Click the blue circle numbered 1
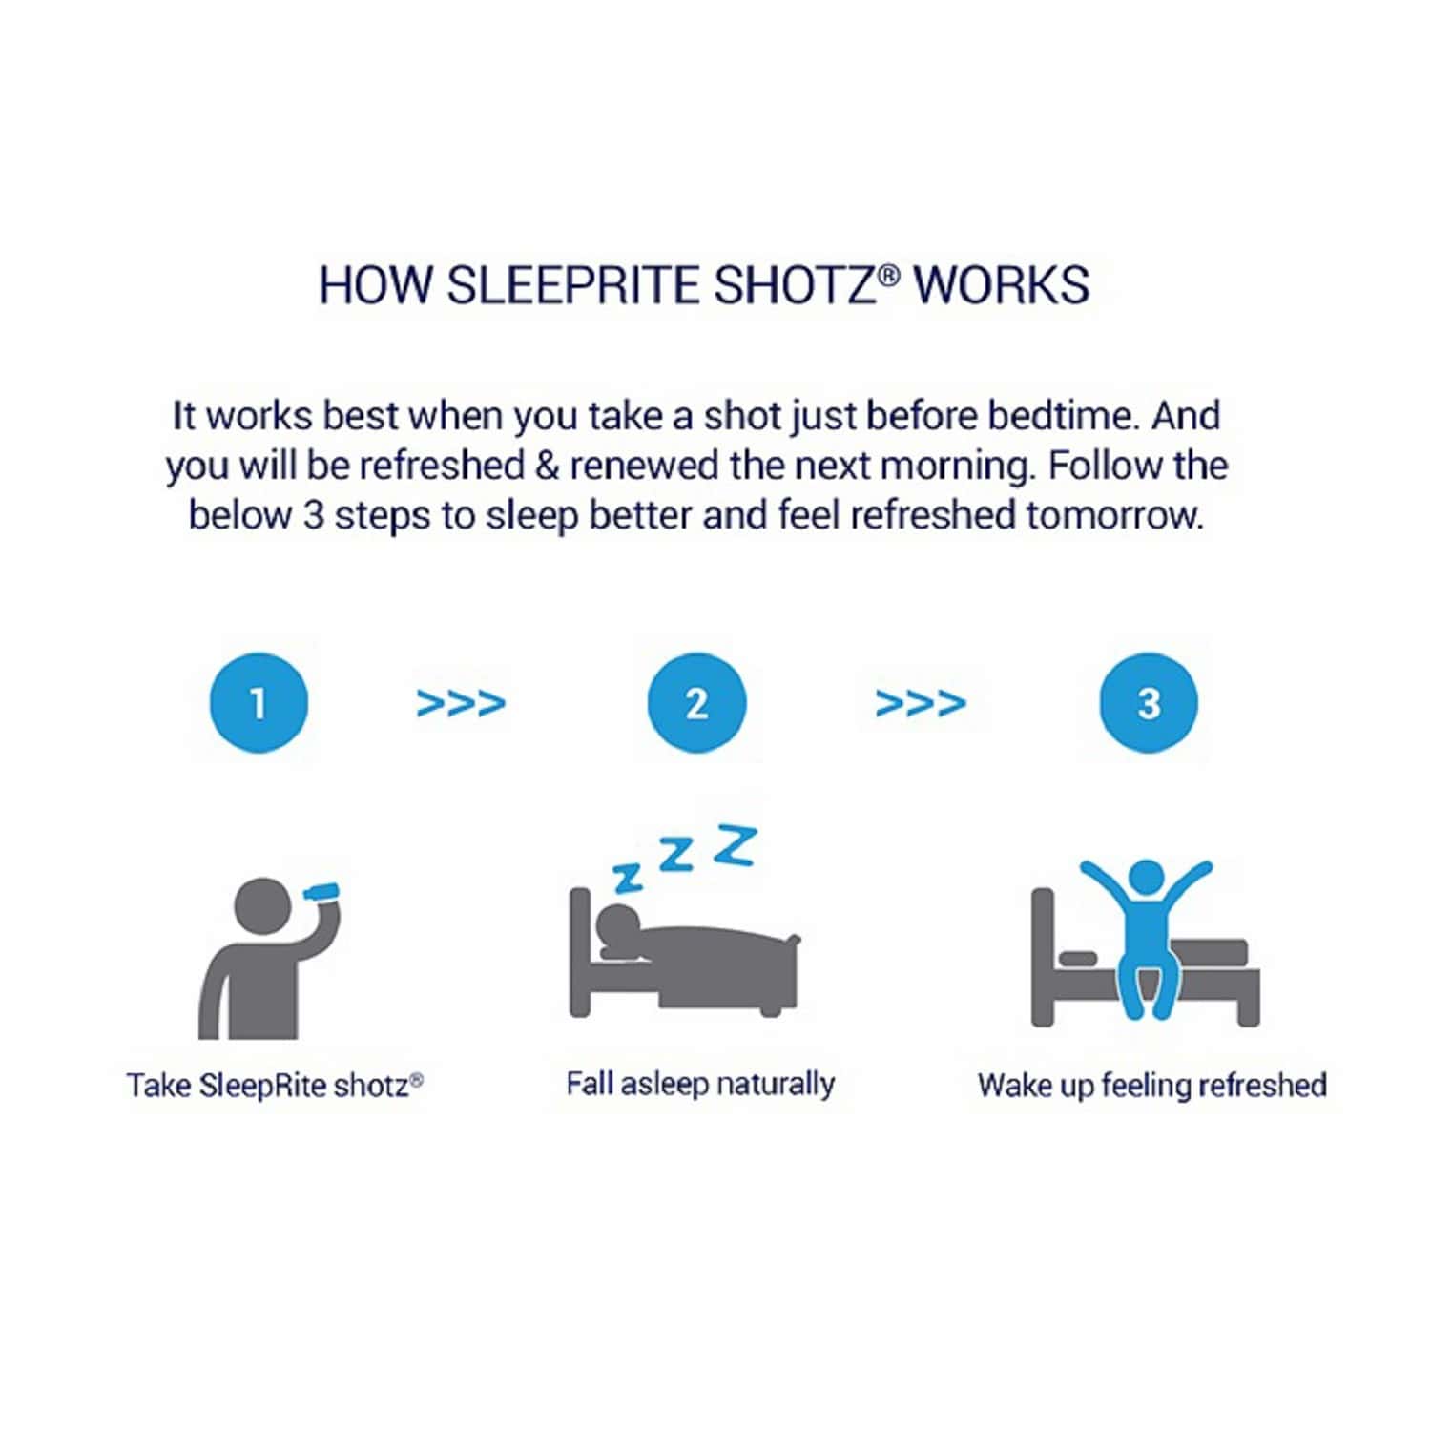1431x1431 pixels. [259, 703]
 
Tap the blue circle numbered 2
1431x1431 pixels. [696, 703]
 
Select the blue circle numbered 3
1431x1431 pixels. [1149, 703]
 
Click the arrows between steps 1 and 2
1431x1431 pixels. [461, 704]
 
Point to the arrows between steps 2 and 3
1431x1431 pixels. [921, 704]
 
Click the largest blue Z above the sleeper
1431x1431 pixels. [736, 846]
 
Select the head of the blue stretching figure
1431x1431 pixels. [1146, 878]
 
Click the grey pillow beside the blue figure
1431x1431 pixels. [1078, 958]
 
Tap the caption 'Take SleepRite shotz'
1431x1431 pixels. [275, 1086]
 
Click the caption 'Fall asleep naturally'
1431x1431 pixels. [700, 1085]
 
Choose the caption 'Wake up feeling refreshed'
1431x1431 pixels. [1151, 1086]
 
